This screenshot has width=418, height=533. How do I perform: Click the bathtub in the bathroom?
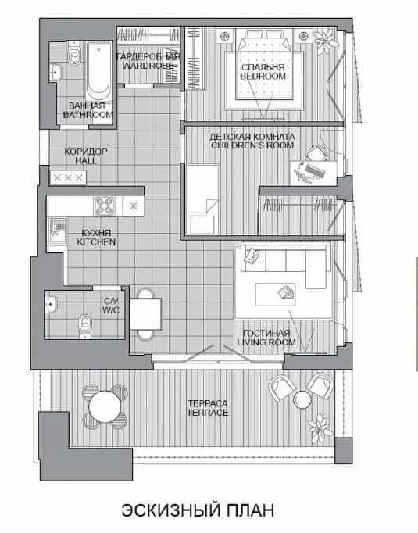[x=98, y=70]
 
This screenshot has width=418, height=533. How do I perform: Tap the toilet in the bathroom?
[x=73, y=52]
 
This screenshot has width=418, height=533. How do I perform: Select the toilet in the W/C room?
[x=85, y=326]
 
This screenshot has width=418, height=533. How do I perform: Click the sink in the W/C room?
[x=51, y=303]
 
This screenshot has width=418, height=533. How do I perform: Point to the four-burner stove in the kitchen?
[x=104, y=206]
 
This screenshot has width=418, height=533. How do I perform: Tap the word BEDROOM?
[x=263, y=76]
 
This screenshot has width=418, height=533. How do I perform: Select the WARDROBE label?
[x=148, y=66]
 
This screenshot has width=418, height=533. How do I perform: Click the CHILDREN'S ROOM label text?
[x=252, y=145]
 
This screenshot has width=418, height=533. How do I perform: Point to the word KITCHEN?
[x=96, y=242]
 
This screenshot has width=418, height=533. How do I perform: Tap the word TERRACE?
[x=207, y=413]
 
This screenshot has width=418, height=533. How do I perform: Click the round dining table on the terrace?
[x=105, y=407]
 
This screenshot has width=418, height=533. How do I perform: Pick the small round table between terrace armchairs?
[x=302, y=399]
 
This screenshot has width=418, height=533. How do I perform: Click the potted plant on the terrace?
[x=320, y=427]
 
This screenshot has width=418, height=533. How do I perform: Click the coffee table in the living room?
[x=275, y=295]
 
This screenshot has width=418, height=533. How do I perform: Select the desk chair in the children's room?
[x=316, y=154]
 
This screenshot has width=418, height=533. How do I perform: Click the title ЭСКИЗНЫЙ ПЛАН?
[x=198, y=510]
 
